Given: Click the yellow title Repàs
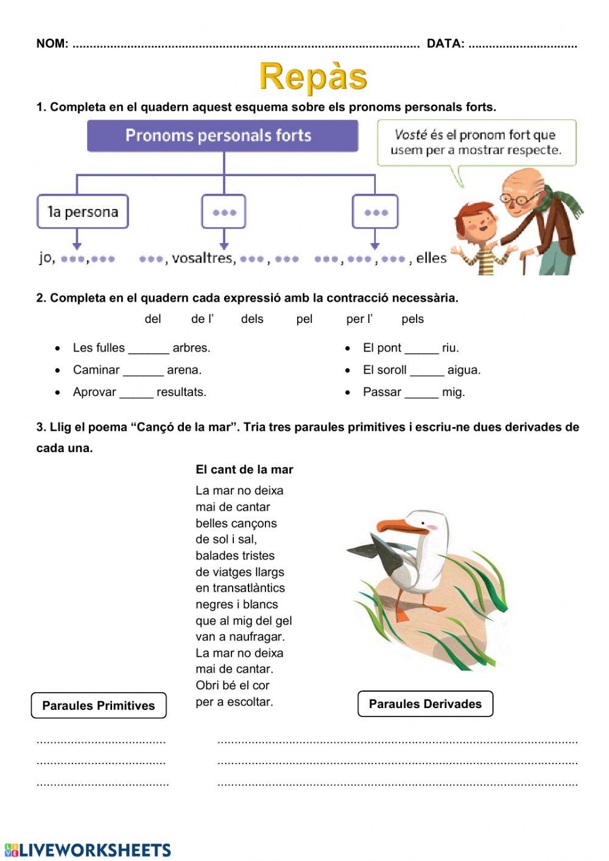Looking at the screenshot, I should coord(313,77).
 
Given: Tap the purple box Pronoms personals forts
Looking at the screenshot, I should coord(223,136).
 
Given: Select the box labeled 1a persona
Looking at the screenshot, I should coord(83,212).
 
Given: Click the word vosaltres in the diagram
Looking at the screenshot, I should coord(203,258).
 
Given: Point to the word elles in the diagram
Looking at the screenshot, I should coord(431,258).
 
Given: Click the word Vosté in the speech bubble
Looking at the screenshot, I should coord(410,135).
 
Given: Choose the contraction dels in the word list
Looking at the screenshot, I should coord(252,319).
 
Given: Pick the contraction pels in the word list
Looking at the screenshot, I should coord(412,319).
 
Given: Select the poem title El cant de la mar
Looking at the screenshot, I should coord(244,470).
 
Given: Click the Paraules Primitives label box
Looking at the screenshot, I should coord(99,706).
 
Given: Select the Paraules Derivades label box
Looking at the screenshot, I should coord(425,704).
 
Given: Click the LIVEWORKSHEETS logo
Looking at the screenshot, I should coord(88,850).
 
